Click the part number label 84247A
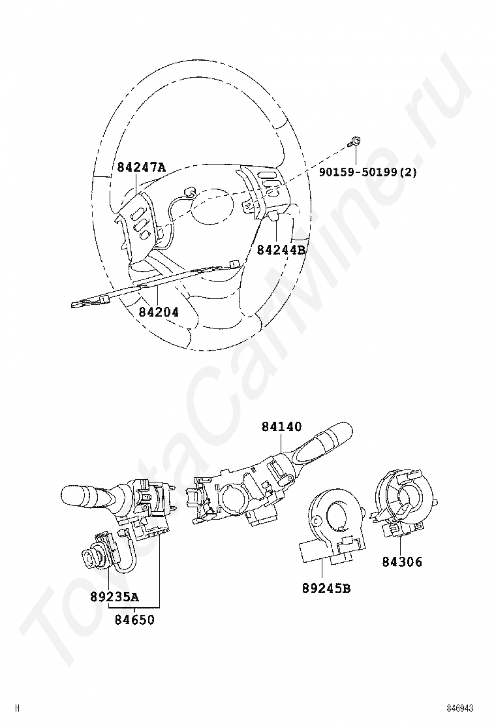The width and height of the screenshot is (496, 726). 141,166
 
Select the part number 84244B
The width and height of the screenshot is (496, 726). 281,249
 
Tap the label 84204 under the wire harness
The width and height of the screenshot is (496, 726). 158,311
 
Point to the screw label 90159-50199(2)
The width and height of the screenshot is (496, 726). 368,172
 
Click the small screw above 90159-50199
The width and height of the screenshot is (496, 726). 355,141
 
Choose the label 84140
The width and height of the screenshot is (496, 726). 281,426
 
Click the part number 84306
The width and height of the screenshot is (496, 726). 402,561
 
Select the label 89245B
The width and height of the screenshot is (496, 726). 326,588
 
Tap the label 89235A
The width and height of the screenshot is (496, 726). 114,597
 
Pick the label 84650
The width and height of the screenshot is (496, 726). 134,619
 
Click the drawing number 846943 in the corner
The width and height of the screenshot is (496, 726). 460,709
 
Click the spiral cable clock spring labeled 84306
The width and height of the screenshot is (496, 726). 403,503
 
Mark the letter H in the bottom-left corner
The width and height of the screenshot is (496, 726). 18,708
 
